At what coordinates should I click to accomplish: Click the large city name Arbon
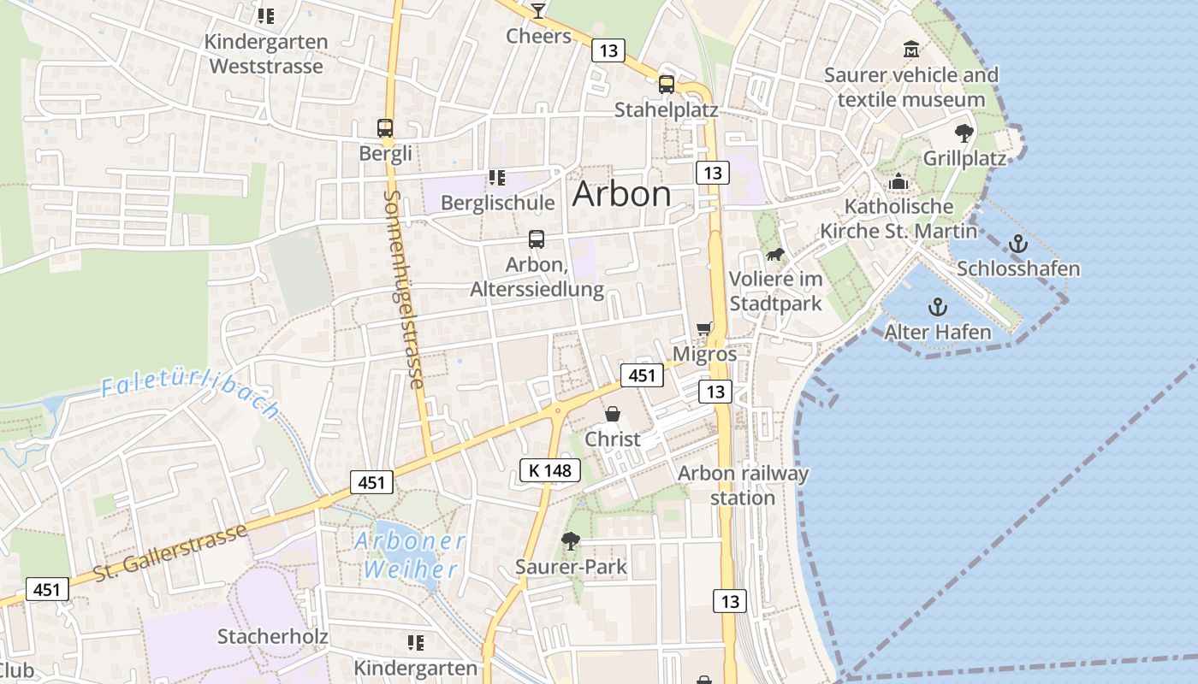click(621, 194)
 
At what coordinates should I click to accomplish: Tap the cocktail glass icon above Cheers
click(538, 10)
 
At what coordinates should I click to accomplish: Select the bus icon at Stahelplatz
click(667, 84)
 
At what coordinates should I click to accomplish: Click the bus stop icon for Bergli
click(385, 128)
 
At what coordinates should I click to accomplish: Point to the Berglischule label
click(497, 203)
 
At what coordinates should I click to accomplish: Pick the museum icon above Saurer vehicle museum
click(911, 49)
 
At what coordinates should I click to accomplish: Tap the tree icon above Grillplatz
click(964, 133)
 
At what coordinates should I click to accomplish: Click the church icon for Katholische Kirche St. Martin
click(898, 181)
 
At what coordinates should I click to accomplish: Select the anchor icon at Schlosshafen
click(1017, 244)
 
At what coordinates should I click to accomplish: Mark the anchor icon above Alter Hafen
click(938, 307)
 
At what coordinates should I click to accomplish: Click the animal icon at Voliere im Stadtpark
click(775, 254)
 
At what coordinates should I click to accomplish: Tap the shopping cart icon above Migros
click(704, 328)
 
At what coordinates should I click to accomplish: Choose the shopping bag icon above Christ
click(613, 414)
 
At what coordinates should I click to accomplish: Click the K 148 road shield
click(549, 469)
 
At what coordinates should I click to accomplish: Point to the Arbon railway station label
click(743, 485)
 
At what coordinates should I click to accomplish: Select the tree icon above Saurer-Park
click(570, 540)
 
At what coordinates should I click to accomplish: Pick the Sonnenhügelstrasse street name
click(404, 289)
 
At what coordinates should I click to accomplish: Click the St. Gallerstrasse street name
click(170, 552)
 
